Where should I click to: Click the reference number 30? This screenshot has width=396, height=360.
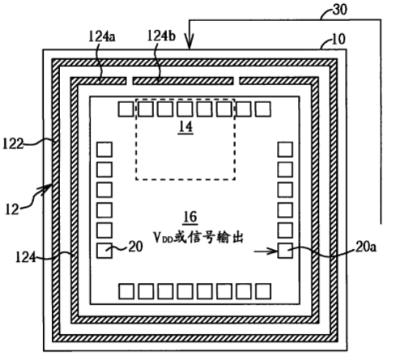tap(340, 10)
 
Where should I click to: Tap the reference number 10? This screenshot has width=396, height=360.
tap(339, 39)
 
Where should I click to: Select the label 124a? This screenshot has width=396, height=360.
tap(102, 36)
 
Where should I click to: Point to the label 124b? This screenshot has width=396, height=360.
tap(161, 36)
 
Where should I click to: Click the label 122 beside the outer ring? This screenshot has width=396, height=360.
tap(13, 144)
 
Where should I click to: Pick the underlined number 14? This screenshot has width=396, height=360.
tap(185, 127)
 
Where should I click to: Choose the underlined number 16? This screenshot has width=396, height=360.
tap(190, 217)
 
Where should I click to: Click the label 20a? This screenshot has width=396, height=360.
tap(366, 247)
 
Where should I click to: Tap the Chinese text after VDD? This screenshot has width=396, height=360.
tap(208, 238)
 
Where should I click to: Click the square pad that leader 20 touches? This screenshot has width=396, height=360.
tap(104, 251)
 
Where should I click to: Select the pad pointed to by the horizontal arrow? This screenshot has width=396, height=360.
tap(285, 251)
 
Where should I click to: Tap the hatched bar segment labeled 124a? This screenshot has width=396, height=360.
tap(98, 81)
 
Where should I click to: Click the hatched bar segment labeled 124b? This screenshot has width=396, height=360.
tap(183, 81)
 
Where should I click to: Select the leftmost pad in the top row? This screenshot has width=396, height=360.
tap(126, 109)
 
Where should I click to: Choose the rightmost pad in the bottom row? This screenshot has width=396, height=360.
tap(263, 291)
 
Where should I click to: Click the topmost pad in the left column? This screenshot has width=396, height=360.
tap(104, 150)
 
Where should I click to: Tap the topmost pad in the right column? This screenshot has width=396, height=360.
tap(285, 150)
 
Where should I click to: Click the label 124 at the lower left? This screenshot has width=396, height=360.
tap(26, 257)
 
